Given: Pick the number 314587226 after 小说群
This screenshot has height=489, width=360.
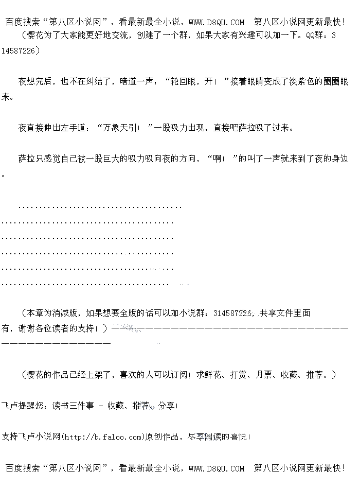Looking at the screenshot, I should click(232, 313).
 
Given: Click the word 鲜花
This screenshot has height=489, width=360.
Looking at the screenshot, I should click(214, 375).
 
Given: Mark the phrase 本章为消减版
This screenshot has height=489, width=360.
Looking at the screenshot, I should click(52, 313).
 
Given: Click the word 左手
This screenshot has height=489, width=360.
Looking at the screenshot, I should click(68, 128).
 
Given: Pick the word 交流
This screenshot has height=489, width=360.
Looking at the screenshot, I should click(140, 36).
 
